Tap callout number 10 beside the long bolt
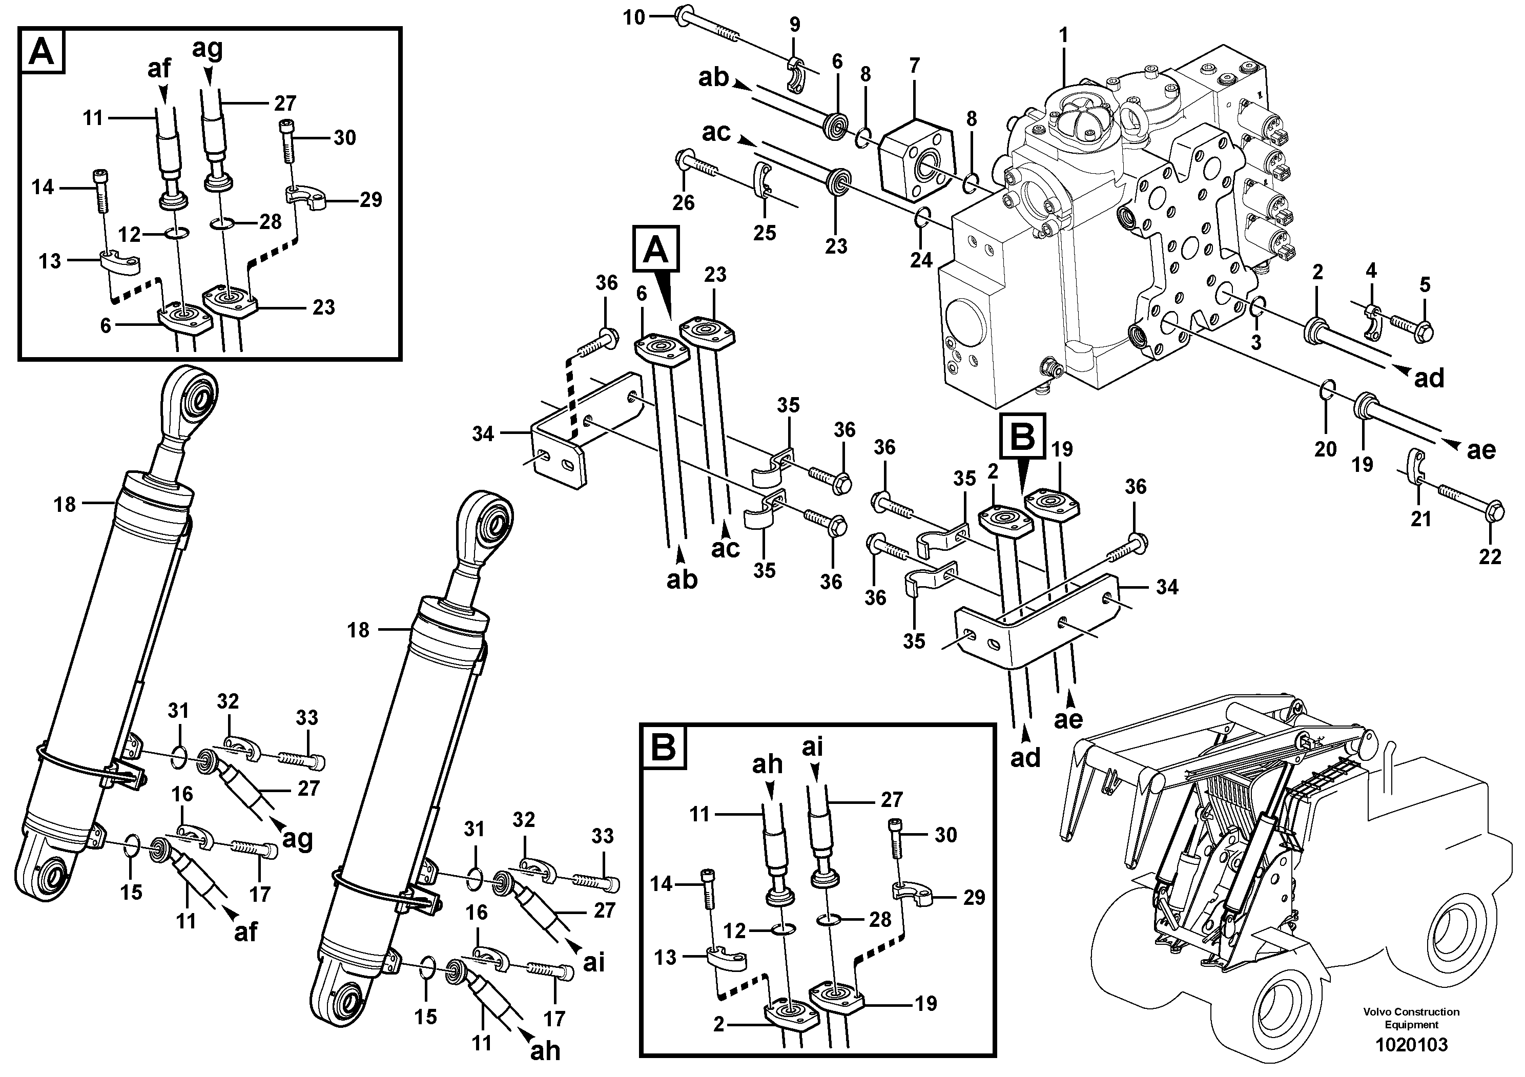634,17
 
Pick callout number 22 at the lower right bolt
1490,556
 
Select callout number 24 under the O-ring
921,260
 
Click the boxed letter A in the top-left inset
43,50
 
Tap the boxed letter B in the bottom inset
663,748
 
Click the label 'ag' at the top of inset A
207,49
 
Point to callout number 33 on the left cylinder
307,717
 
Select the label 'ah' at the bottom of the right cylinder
545,1050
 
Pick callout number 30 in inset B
946,835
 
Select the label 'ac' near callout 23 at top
715,133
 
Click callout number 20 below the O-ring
1325,449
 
